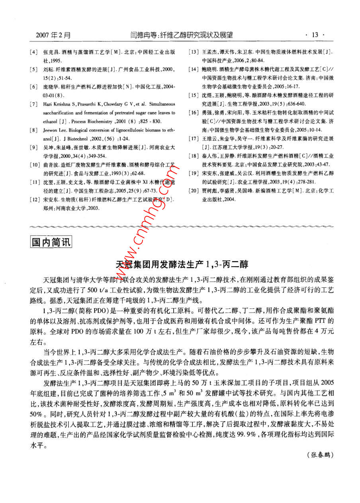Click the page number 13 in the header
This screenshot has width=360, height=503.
[x=315, y=35]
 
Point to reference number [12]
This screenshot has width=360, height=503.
[x=35, y=200]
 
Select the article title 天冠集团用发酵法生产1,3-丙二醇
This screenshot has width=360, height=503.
[x=182, y=263]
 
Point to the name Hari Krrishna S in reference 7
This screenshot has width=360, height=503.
[x=58, y=104]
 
